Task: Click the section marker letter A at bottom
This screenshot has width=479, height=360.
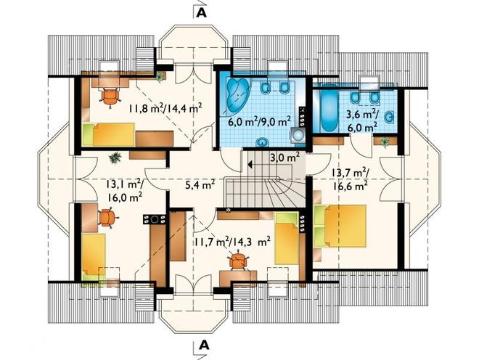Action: click(204, 345)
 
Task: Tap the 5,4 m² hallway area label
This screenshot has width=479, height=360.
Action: click(200, 184)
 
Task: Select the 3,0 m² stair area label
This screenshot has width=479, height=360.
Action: click(284, 158)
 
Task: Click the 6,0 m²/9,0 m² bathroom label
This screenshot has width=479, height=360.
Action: click(259, 122)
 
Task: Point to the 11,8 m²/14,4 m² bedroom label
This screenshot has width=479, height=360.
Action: click(165, 108)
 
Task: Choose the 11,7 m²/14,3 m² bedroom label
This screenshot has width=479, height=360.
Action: click(232, 242)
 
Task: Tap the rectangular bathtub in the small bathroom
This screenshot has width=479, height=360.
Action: click(328, 110)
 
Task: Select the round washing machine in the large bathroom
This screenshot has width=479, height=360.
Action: click(296, 134)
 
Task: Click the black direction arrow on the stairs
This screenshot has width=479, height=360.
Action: click(250, 165)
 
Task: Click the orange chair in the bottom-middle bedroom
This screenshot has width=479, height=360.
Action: click(237, 261)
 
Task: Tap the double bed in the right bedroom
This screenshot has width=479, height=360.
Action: click(340, 226)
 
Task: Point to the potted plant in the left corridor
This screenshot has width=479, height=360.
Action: click(115, 157)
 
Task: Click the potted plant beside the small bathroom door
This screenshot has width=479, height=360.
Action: click(385, 142)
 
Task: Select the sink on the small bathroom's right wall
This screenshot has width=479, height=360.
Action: click(390, 117)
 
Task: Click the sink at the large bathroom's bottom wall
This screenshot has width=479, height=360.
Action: click(262, 142)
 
